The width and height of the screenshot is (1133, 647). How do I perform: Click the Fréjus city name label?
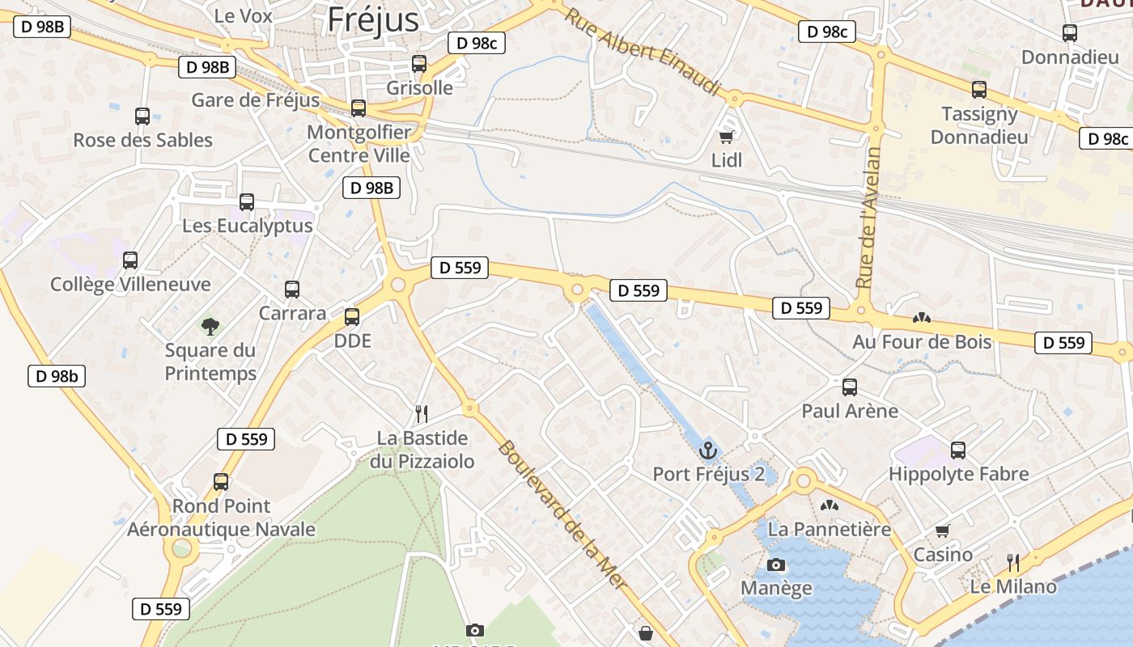point(373,19)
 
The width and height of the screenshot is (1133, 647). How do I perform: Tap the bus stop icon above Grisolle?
point(419,63)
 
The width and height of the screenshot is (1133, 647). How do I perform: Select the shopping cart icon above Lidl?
point(727,137)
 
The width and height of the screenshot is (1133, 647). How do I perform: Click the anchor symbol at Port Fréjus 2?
point(708,450)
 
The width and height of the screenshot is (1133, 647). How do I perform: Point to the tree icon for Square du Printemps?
point(210,327)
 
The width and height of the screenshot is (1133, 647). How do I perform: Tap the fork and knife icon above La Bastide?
point(421,414)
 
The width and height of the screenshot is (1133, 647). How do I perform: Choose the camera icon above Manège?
point(776,565)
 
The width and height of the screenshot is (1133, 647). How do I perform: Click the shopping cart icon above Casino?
point(942,531)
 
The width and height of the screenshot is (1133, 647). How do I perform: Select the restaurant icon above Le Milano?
point(1012,562)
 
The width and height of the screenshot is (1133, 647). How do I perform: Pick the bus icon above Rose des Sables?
point(142,116)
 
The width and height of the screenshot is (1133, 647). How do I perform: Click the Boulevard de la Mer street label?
point(562,514)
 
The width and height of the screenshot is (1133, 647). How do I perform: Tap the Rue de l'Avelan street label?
point(868,217)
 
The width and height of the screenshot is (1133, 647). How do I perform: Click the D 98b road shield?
point(57,376)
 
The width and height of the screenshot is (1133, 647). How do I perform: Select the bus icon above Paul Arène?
point(850,387)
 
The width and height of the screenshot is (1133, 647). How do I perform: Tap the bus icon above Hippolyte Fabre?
point(958,450)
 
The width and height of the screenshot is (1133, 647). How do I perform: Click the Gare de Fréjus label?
point(255,100)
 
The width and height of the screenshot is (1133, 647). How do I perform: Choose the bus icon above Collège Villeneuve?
point(130,260)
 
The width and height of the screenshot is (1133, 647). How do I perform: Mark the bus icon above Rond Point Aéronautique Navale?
point(221,482)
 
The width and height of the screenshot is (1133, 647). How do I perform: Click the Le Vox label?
point(243,15)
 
